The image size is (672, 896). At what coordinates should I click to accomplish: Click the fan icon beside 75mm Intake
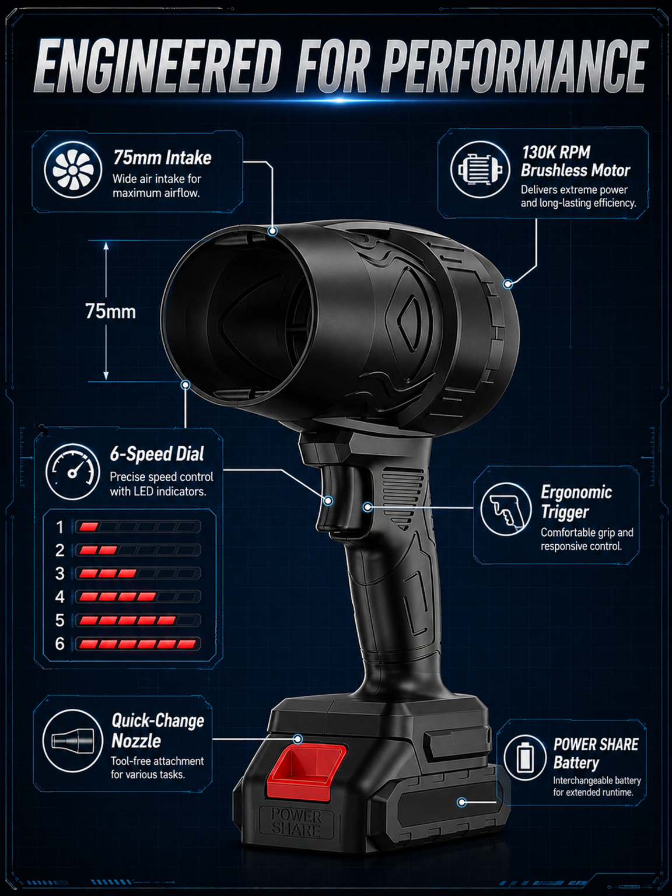click(73, 170)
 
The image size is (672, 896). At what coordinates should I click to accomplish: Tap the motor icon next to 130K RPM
click(480, 169)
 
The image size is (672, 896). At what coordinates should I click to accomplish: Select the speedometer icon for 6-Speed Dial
click(73, 471)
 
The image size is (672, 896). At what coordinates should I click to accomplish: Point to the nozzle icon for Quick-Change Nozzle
click(68, 740)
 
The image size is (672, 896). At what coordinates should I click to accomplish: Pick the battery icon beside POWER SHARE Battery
click(524, 758)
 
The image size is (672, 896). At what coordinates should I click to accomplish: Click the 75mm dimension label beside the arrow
click(111, 311)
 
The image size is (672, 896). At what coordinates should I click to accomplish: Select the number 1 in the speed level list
click(60, 527)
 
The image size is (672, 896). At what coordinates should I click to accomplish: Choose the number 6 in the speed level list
click(60, 644)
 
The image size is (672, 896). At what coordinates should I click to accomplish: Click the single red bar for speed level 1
click(89, 527)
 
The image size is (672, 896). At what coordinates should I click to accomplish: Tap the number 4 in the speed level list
click(60, 597)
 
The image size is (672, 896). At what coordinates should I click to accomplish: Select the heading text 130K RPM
click(556, 153)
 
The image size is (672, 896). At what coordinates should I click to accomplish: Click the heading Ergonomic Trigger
click(576, 502)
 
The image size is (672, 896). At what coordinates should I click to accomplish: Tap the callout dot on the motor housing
click(508, 283)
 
